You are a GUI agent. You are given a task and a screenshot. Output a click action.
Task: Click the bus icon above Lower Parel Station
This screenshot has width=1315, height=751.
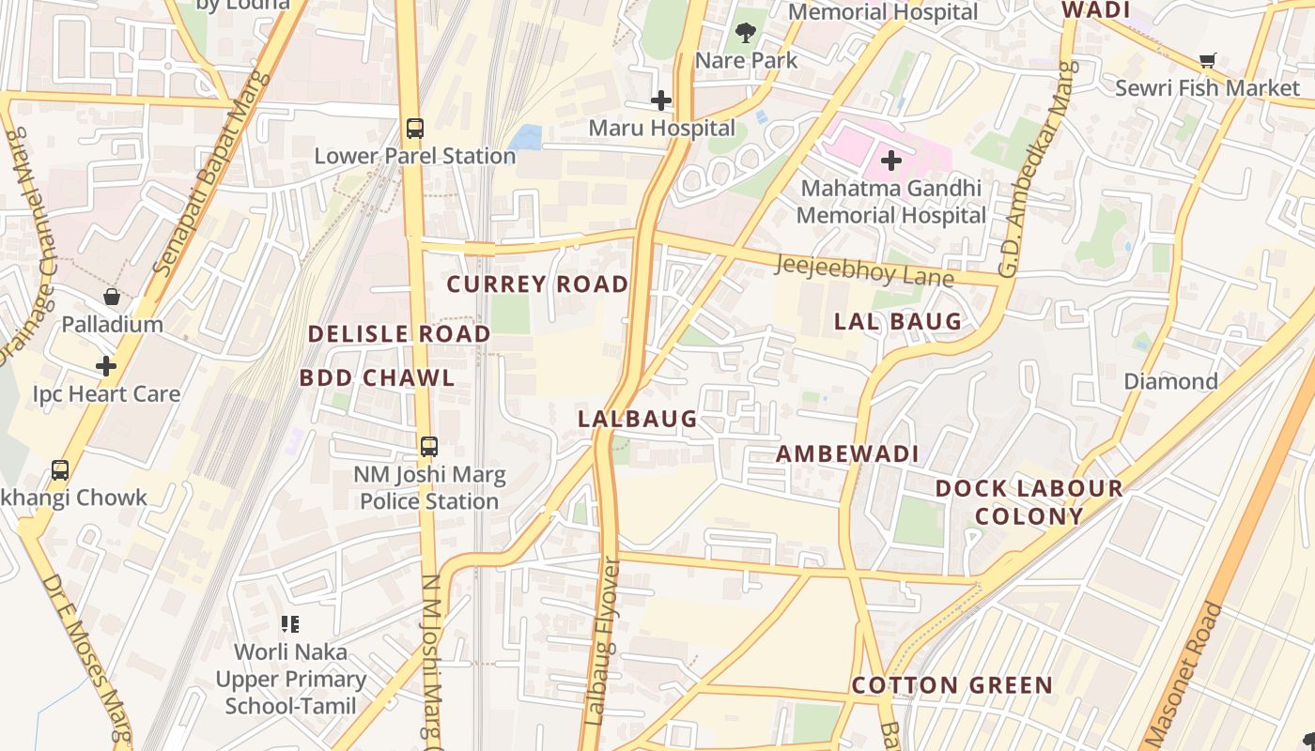(414, 128)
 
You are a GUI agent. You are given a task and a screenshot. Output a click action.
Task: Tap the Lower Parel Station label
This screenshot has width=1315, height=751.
(414, 156)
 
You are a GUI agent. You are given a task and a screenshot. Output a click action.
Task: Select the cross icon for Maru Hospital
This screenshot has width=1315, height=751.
(661, 100)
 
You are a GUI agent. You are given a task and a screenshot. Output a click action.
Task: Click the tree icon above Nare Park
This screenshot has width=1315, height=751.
(747, 33)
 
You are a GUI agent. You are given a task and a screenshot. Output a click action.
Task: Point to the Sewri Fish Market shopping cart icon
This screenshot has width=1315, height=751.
(1208, 60)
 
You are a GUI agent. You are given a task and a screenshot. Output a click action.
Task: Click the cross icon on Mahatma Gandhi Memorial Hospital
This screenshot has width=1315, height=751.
(891, 161)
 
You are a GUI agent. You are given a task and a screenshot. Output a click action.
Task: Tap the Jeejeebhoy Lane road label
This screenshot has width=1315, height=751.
(863, 270)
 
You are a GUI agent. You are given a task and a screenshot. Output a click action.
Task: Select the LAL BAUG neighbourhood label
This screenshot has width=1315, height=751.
(898, 322)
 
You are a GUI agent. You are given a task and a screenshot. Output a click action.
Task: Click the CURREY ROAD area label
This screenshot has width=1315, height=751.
(537, 284)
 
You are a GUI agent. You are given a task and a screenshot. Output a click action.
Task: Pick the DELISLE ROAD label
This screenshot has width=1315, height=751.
(399, 334)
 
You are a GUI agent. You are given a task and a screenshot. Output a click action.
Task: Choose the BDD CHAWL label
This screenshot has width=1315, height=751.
(377, 378)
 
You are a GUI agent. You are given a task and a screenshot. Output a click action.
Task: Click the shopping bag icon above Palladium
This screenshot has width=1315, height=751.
(112, 298)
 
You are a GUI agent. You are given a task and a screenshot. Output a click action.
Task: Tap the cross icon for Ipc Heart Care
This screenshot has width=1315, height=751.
(106, 366)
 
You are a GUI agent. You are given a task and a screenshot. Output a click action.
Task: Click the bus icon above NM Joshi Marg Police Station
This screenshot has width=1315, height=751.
(429, 447)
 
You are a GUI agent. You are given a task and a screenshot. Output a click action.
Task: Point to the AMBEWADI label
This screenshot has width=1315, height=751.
(847, 454)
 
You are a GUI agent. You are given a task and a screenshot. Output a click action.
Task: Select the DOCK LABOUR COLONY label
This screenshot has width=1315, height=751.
(1029, 502)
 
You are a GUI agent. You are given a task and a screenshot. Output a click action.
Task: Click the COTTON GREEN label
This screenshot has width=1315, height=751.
(952, 685)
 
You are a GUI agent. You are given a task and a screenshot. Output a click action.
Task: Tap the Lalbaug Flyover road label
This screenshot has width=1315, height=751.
(602, 643)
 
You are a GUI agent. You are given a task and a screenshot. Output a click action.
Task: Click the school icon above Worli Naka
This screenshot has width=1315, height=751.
(290, 624)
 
